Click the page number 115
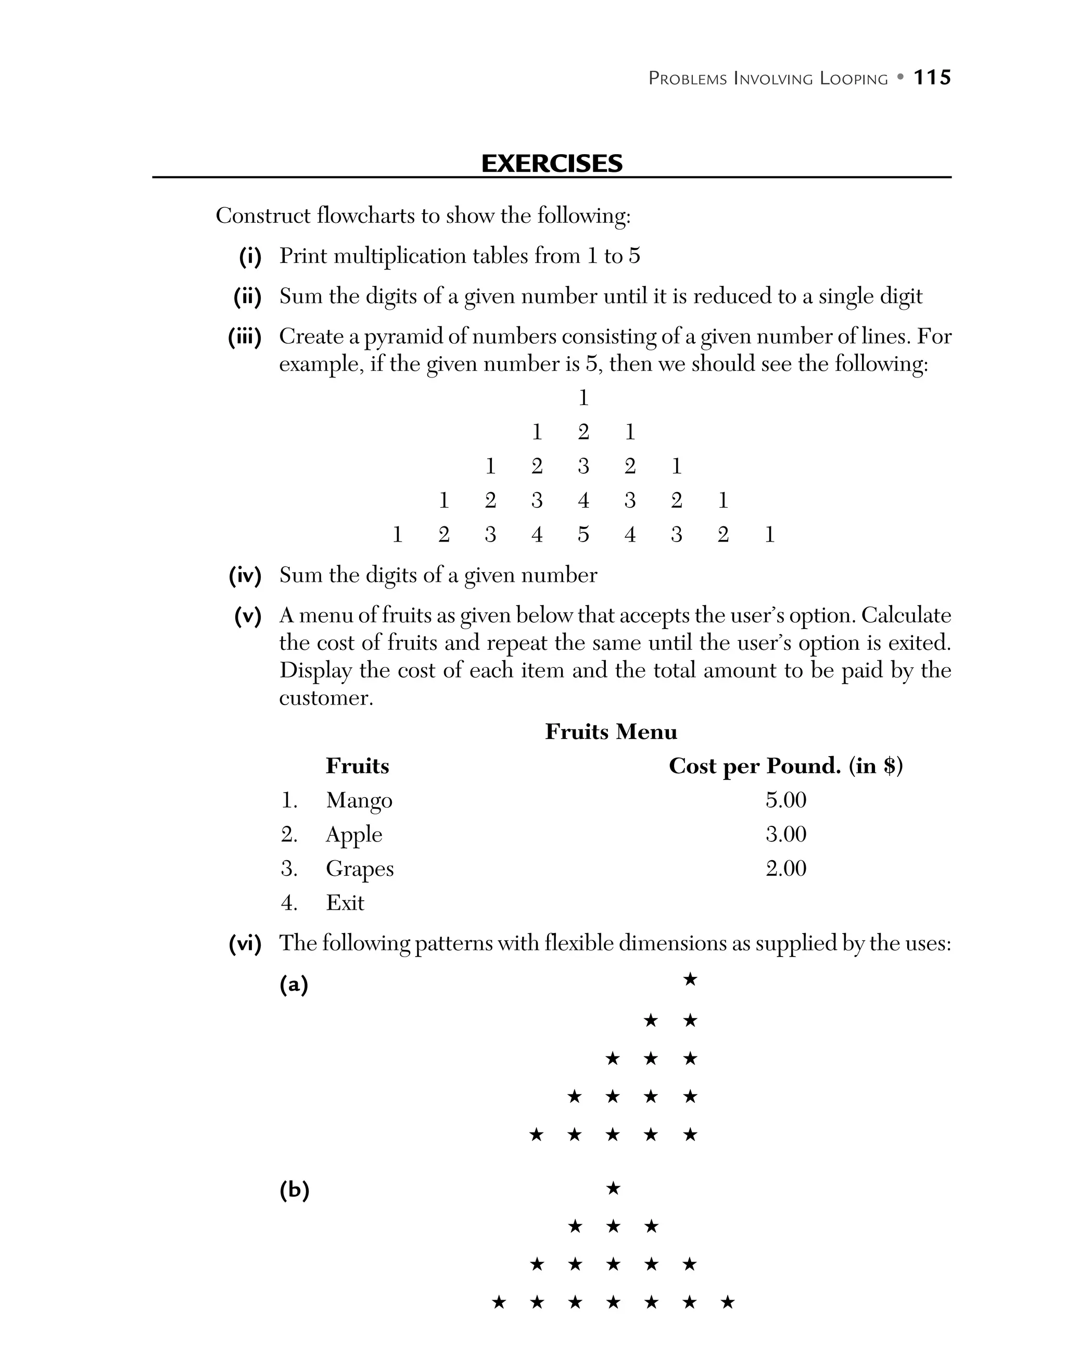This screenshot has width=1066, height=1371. tap(932, 78)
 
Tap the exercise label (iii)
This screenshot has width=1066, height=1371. tap(245, 337)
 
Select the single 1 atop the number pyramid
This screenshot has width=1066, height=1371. tap(583, 398)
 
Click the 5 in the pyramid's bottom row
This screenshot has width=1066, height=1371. tap(583, 535)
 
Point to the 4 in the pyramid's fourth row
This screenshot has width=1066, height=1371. tap(583, 501)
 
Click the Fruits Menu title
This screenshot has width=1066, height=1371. tap(611, 732)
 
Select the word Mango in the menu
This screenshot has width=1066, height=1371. tap(359, 800)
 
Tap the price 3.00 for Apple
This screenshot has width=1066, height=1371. tap(785, 834)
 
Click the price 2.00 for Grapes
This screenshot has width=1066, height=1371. tap(785, 869)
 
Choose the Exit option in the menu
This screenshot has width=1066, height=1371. tap(345, 903)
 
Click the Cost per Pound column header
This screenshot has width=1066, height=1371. tap(785, 766)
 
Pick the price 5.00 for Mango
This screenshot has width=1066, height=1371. tap(785, 800)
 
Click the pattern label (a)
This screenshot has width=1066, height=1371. tap(294, 984)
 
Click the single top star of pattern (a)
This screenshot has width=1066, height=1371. tap(690, 979)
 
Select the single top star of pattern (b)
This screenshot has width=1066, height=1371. tap(613, 1188)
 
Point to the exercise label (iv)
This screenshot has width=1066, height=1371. tap(245, 576)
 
